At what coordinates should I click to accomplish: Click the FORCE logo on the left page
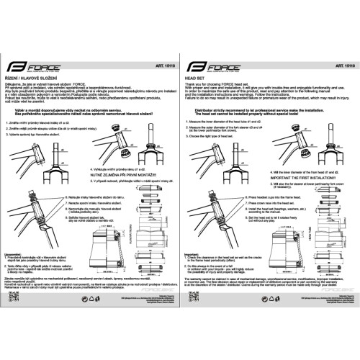tap(32, 66)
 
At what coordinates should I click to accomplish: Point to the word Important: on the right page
tap(194, 253)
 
